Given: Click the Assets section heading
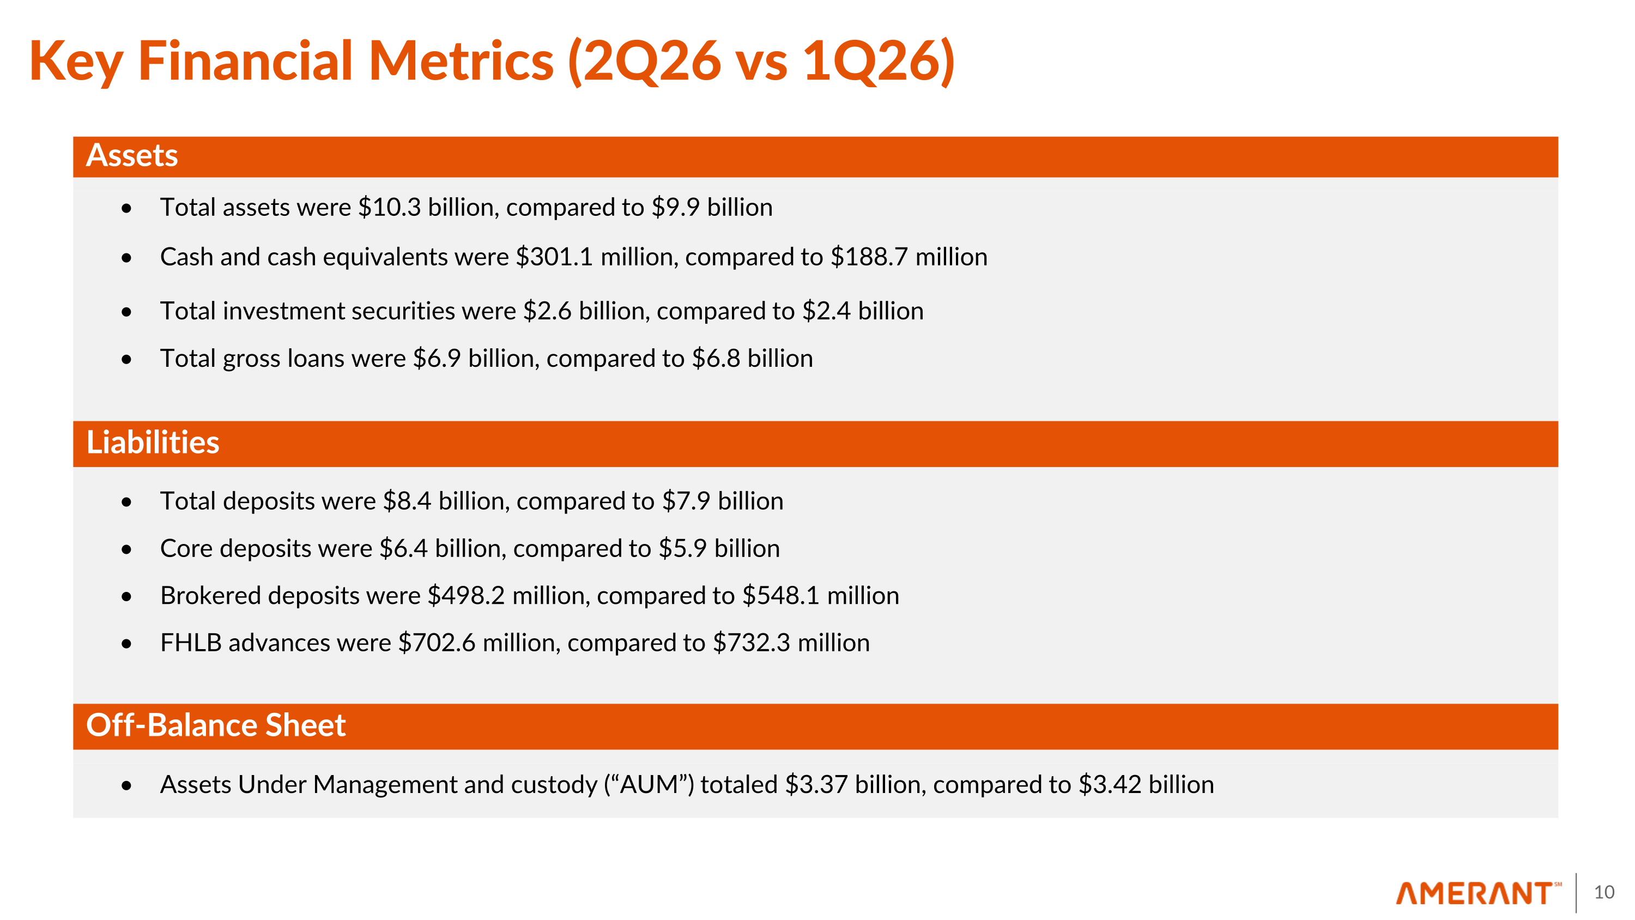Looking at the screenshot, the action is point(132,155).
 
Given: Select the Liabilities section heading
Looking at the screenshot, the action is point(153,443).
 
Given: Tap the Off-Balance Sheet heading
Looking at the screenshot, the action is point(216,725).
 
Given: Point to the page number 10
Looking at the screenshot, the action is point(1604,892).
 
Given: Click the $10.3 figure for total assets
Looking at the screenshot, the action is point(390,208).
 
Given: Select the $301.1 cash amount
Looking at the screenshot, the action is point(555,257).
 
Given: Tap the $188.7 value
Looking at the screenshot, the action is point(869,257).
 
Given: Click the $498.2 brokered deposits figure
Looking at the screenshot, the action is point(467,596).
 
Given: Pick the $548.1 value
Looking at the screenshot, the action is point(782,596).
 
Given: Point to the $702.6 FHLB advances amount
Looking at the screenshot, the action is point(437,643).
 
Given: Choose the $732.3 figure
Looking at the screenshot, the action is point(752,643).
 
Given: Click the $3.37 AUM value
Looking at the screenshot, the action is point(816,785).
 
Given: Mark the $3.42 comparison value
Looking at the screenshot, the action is point(1110,785).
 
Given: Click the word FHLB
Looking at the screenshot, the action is point(191,643).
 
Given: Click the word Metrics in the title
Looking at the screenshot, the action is point(462,61).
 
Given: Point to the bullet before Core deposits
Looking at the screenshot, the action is point(126,549).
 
